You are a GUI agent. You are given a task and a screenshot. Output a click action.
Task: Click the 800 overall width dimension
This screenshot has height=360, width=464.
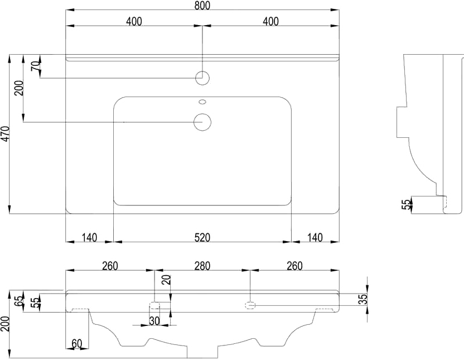coord(202,6)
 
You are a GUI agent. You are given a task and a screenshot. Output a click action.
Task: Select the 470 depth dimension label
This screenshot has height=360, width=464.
coord(6,133)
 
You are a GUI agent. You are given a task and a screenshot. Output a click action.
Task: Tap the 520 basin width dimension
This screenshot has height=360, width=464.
coord(202,237)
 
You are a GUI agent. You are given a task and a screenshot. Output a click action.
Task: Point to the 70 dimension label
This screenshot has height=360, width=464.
coord(35,65)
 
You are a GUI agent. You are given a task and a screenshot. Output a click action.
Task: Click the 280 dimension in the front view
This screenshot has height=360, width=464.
coord(202,266)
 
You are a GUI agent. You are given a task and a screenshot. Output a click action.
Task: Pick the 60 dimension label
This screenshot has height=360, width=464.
coord(76,344)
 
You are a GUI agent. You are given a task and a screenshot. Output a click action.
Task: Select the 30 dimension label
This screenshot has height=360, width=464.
coord(154,321)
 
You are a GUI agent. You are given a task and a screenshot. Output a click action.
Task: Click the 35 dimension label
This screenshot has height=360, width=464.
coord(364,299)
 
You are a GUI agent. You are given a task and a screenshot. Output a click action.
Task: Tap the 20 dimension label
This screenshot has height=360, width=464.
coord(167,280)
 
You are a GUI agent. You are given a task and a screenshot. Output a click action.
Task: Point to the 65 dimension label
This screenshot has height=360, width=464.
coord(19,301)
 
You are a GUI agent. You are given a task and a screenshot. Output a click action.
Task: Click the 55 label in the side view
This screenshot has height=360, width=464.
coord(407,204)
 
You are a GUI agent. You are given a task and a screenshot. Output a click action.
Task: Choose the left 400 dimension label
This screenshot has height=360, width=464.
coord(134,21)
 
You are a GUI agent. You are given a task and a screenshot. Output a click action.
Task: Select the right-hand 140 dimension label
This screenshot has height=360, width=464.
coord(315,237)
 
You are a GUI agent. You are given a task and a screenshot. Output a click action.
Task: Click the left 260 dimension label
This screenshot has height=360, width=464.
coord(110,266)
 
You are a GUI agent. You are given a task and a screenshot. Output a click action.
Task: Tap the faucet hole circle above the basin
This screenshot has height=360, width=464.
coord(202,78)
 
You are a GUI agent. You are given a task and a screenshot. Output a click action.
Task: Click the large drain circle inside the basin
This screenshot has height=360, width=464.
coord(202,122)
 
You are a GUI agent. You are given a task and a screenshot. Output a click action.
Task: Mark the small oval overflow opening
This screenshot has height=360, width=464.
coord(202,102)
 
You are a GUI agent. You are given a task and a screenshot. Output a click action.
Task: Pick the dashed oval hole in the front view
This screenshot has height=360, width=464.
coord(250,305)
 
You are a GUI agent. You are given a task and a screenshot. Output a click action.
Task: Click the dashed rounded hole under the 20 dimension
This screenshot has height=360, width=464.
coord(154,305)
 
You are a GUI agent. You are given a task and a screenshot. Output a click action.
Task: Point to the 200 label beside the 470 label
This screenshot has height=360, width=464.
coord(19,88)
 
